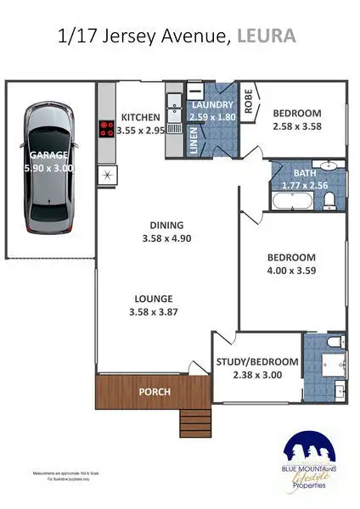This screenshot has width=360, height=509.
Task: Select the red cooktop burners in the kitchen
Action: [108, 130]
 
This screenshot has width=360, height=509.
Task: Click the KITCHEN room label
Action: [142, 117]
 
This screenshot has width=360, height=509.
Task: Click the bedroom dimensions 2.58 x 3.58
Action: [296, 126]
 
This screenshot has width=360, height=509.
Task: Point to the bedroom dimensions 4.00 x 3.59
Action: [291, 272]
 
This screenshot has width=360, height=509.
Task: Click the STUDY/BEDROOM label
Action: [256, 362]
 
